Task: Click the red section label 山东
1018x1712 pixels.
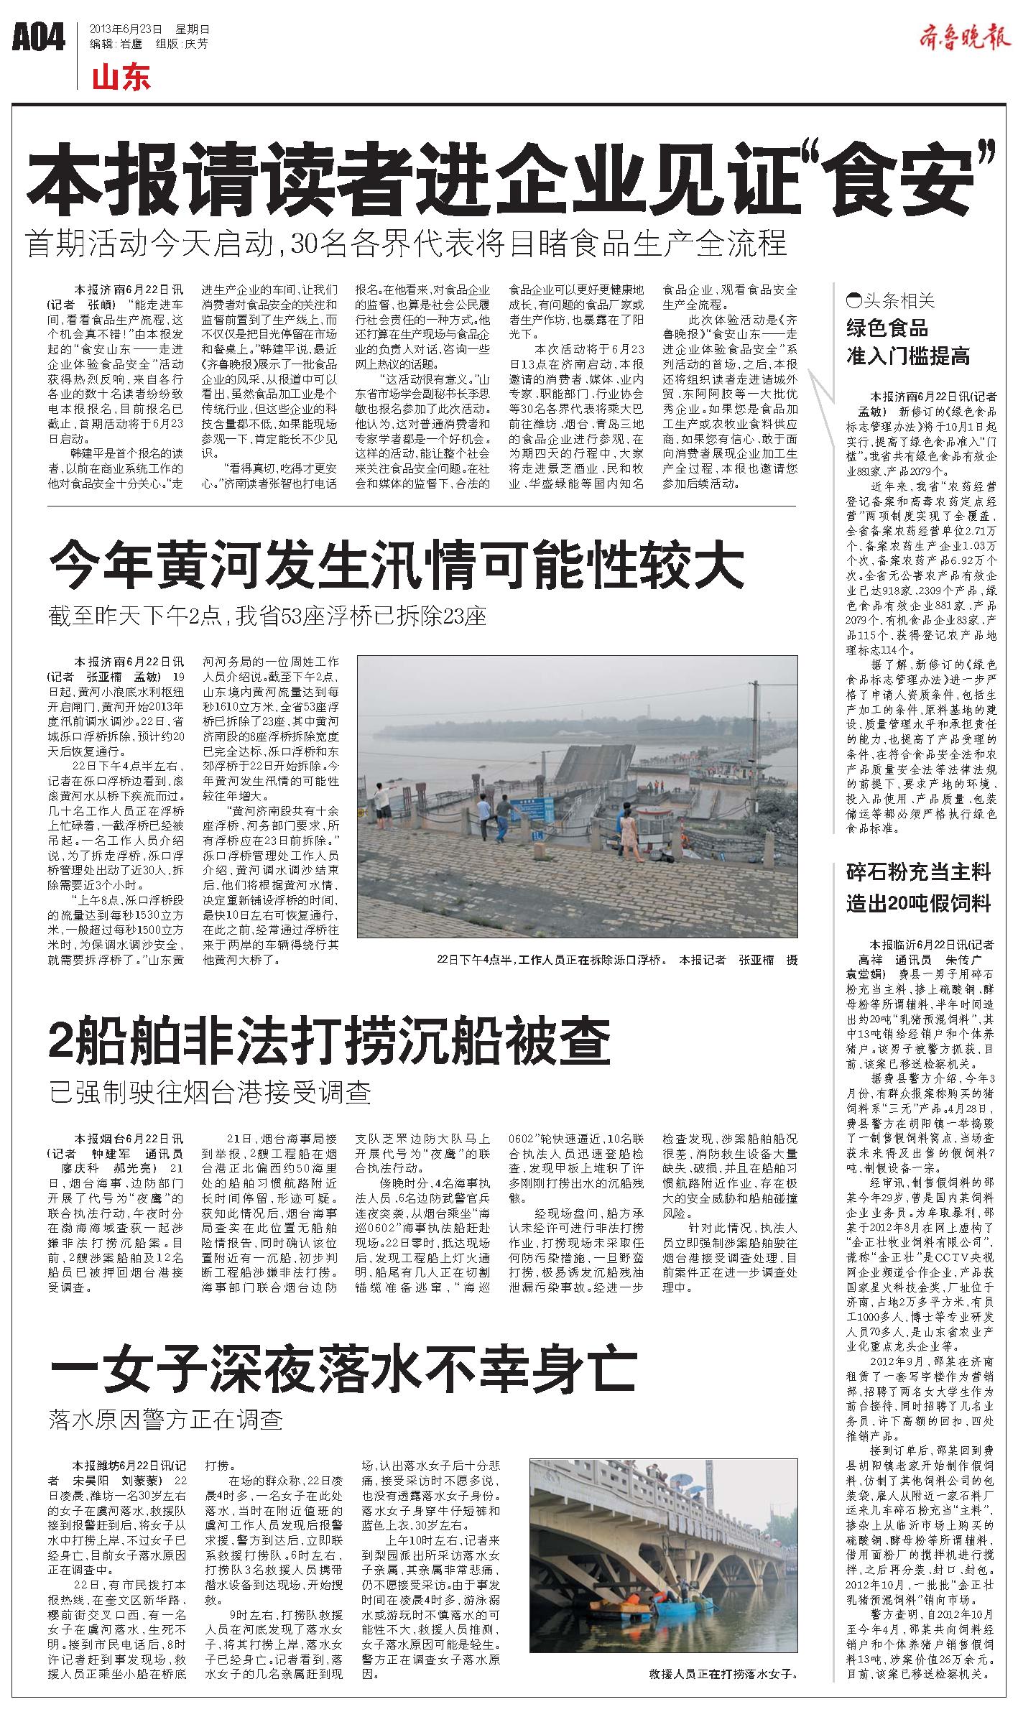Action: (x=121, y=78)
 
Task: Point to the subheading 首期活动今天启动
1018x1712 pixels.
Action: (x=406, y=244)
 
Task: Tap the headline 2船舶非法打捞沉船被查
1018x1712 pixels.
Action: (x=329, y=1043)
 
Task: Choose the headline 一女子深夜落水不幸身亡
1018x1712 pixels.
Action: (x=343, y=1369)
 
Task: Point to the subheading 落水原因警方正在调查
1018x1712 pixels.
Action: (x=166, y=1419)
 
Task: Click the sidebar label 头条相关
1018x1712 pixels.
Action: (x=891, y=300)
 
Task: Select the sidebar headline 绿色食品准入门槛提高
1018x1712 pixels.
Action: (x=907, y=342)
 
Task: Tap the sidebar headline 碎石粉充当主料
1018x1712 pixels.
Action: (x=918, y=872)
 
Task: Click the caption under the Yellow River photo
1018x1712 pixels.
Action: (x=616, y=960)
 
